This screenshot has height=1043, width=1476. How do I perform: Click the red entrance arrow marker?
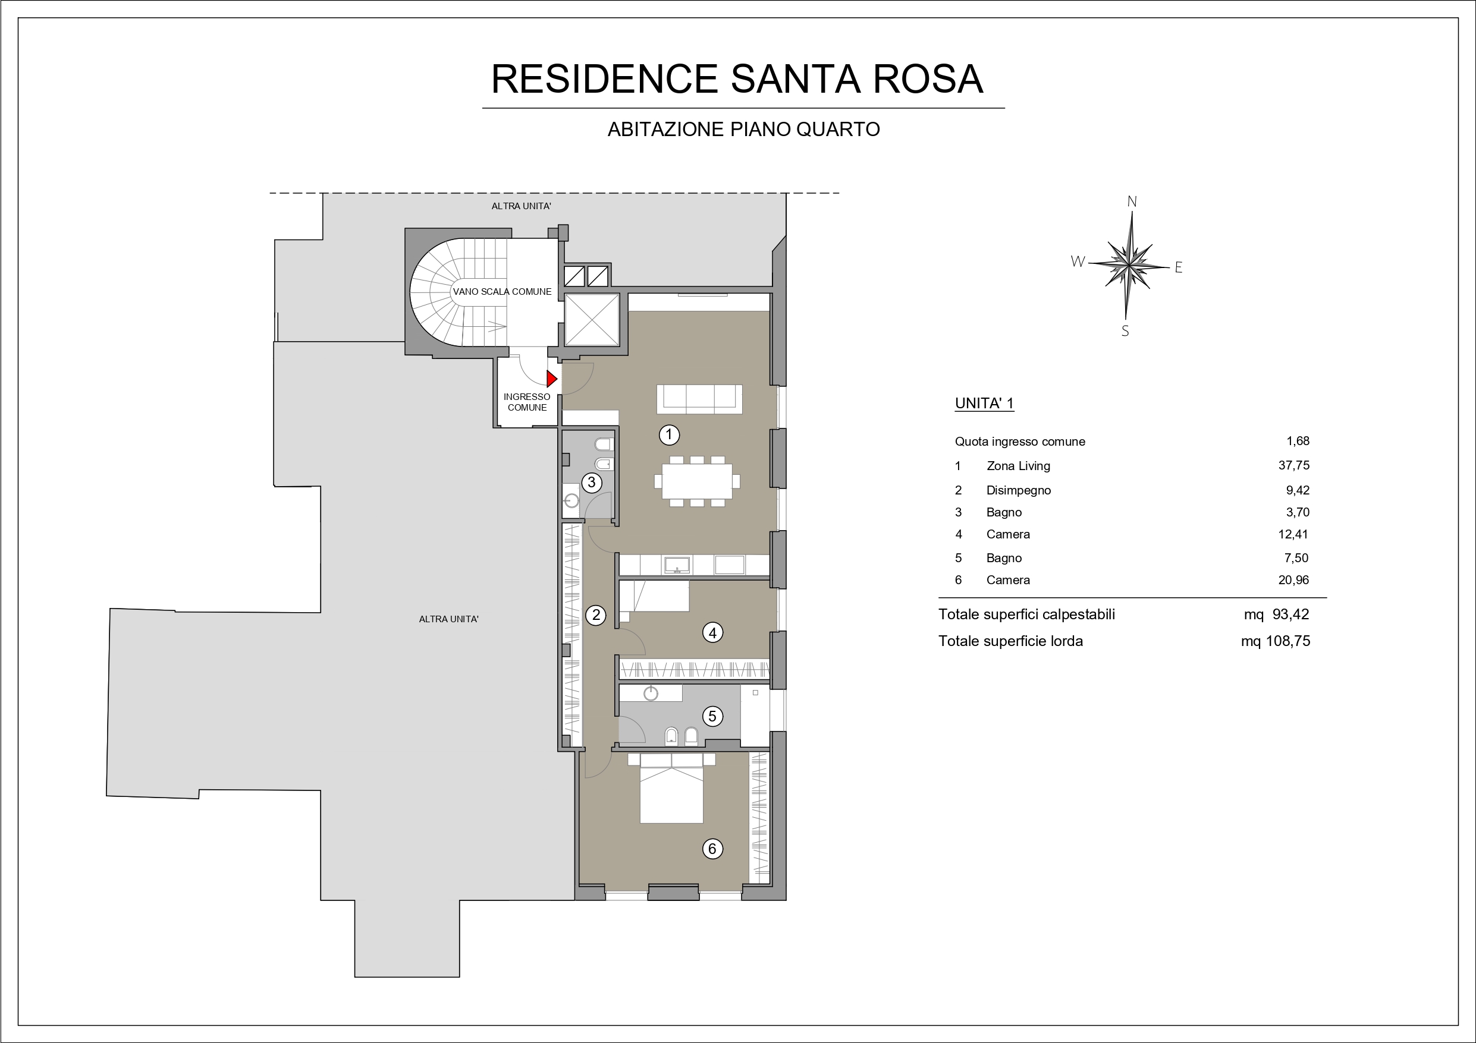[x=551, y=379]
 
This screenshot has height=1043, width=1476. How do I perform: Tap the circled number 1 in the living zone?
[x=668, y=434]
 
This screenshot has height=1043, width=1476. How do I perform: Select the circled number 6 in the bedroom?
[x=712, y=849]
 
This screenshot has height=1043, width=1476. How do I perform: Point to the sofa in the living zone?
[x=699, y=399]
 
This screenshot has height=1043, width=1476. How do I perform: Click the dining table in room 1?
[x=697, y=481]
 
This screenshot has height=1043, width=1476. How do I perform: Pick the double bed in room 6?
[x=672, y=788]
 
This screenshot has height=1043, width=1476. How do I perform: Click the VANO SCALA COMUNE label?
[x=502, y=292]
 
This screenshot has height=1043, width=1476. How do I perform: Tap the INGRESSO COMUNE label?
[x=527, y=402]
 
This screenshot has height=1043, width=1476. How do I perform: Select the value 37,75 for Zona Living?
[x=1293, y=465]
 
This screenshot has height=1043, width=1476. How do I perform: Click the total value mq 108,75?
[x=1276, y=641]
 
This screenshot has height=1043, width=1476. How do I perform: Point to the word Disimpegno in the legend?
[x=1018, y=490]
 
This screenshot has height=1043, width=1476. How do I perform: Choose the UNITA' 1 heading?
[x=984, y=404]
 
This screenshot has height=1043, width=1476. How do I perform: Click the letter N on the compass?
[x=1132, y=202]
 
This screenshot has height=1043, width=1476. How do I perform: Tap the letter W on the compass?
[x=1078, y=261]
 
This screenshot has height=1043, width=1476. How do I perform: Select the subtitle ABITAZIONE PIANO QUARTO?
[x=744, y=130]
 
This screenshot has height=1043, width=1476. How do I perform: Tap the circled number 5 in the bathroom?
[x=712, y=716]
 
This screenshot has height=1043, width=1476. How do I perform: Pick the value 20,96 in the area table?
[x=1293, y=579]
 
